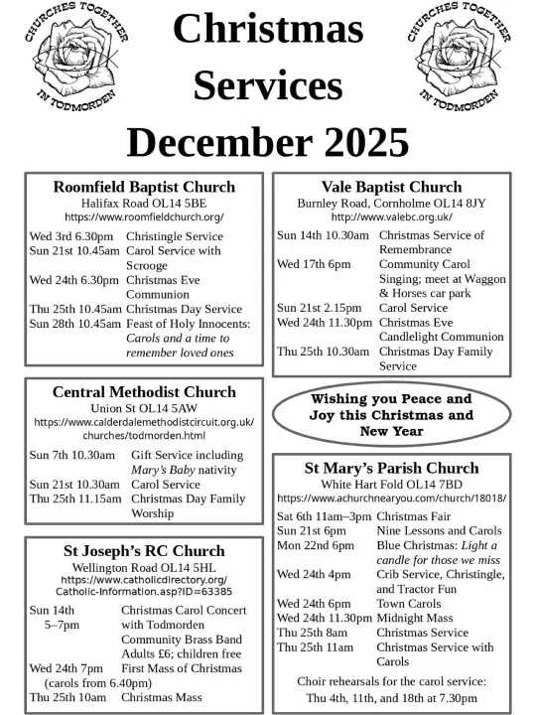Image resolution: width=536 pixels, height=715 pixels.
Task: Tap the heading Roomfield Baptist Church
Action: (x=144, y=187)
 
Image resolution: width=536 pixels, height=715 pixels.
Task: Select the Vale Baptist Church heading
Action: (x=391, y=187)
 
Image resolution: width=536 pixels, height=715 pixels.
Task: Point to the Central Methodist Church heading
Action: (x=144, y=391)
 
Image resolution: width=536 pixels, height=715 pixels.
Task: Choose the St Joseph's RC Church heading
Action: (x=144, y=550)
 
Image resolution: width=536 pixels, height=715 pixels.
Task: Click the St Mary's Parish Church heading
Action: (x=391, y=468)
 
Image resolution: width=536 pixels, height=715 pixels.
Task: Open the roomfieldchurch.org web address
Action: (x=144, y=216)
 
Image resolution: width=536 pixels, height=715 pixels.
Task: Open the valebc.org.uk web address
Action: (x=391, y=216)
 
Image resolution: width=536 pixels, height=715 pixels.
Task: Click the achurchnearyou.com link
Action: (x=391, y=498)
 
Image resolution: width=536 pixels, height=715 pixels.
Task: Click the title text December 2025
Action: (x=268, y=142)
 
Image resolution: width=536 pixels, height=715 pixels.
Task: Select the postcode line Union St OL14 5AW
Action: (x=144, y=407)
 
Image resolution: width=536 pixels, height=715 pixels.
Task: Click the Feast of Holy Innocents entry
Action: (x=188, y=323)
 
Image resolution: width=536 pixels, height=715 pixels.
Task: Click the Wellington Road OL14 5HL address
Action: (x=144, y=566)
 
